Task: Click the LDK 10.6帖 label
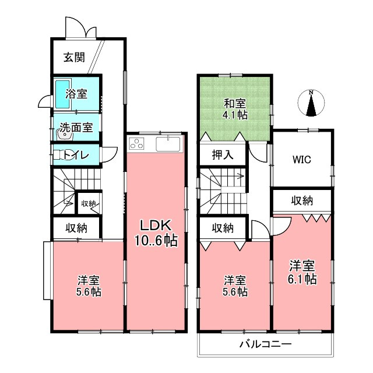154,232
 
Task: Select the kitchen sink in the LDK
169,143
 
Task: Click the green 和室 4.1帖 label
235,109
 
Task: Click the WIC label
302,159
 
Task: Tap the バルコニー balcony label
265,344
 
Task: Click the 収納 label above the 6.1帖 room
302,200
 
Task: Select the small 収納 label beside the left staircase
89,203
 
